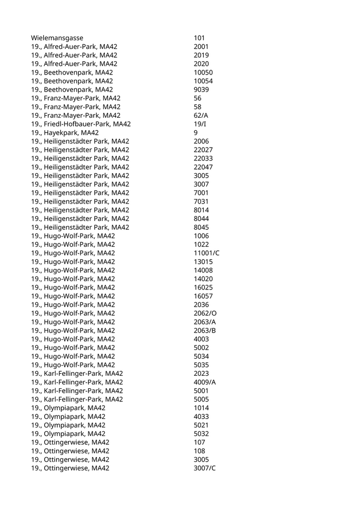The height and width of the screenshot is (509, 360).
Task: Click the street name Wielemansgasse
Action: tap(57, 38)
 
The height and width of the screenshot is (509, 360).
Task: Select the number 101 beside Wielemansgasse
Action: tap(200, 38)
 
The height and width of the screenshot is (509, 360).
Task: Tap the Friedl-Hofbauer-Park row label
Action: tap(81, 124)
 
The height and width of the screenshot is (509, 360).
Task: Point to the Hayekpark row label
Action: tap(65, 133)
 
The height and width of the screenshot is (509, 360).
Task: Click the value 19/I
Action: tap(200, 124)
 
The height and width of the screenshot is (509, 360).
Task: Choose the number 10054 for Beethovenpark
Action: tap(203, 81)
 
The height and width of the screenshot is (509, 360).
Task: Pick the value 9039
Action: tap(202, 89)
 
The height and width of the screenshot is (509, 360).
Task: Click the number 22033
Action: tap(203, 158)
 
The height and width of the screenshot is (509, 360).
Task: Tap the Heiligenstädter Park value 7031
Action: tap(202, 202)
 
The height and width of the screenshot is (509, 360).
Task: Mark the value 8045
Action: tap(202, 227)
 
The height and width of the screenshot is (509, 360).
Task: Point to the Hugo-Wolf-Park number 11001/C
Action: tap(207, 253)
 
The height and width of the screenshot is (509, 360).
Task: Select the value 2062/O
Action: tap(205, 313)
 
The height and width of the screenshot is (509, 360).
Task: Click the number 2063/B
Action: tap(205, 331)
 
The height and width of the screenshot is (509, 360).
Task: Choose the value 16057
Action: tap(203, 296)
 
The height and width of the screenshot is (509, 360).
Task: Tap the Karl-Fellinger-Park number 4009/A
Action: tap(205, 382)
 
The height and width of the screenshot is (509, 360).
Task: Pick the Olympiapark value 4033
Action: tap(202, 416)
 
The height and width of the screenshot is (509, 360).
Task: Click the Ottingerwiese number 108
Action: tap(200, 451)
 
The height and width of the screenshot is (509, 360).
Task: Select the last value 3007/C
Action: tap(205, 468)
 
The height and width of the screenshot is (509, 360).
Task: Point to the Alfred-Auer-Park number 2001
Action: tap(202, 47)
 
